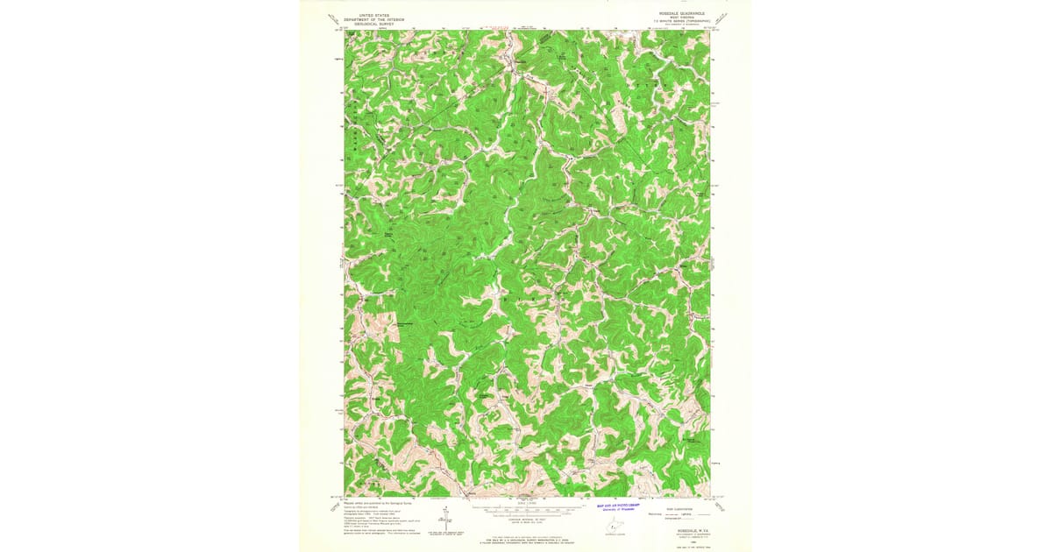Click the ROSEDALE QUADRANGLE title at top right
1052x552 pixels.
[681, 14]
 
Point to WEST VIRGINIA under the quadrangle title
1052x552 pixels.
[681, 18]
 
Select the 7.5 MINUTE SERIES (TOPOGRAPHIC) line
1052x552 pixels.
[681, 23]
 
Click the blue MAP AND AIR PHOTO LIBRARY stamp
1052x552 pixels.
[619, 506]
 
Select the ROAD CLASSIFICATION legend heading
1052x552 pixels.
[676, 507]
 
